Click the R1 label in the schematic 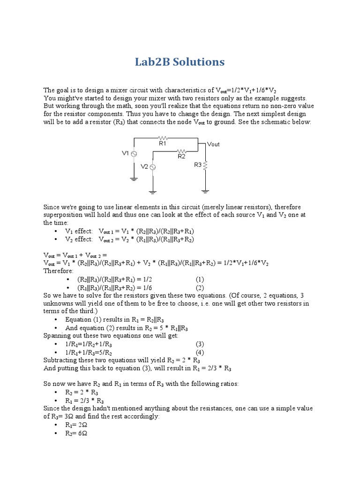click(162, 144)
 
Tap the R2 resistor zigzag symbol click(182, 151)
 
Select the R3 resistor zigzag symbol click(205, 165)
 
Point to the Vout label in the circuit click(213, 144)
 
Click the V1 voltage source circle click(134, 154)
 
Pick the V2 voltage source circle click(152, 167)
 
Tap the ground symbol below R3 click(205, 190)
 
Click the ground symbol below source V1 click(134, 178)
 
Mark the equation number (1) click(200, 278)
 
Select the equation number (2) click(200, 287)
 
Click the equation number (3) click(200, 344)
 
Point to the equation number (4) click(200, 352)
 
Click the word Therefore click(58, 270)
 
